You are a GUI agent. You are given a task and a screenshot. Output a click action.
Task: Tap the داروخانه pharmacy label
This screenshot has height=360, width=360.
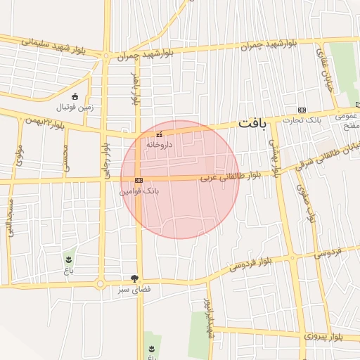(x=159, y=143)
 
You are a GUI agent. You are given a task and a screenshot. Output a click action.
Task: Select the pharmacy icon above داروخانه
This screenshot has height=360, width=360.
(x=160, y=134)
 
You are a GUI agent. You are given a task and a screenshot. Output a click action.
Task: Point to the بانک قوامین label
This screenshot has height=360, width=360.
(x=139, y=190)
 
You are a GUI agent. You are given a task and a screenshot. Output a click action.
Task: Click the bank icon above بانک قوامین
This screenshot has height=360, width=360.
(x=139, y=180)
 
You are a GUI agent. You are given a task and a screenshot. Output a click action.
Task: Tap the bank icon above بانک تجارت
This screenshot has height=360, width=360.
(x=302, y=110)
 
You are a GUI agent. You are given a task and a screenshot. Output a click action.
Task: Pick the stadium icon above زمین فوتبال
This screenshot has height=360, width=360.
(x=75, y=96)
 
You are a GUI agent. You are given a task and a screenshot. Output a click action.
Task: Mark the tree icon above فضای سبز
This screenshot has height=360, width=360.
(x=134, y=278)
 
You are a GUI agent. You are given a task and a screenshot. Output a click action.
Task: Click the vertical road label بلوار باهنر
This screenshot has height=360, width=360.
(x=136, y=88)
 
